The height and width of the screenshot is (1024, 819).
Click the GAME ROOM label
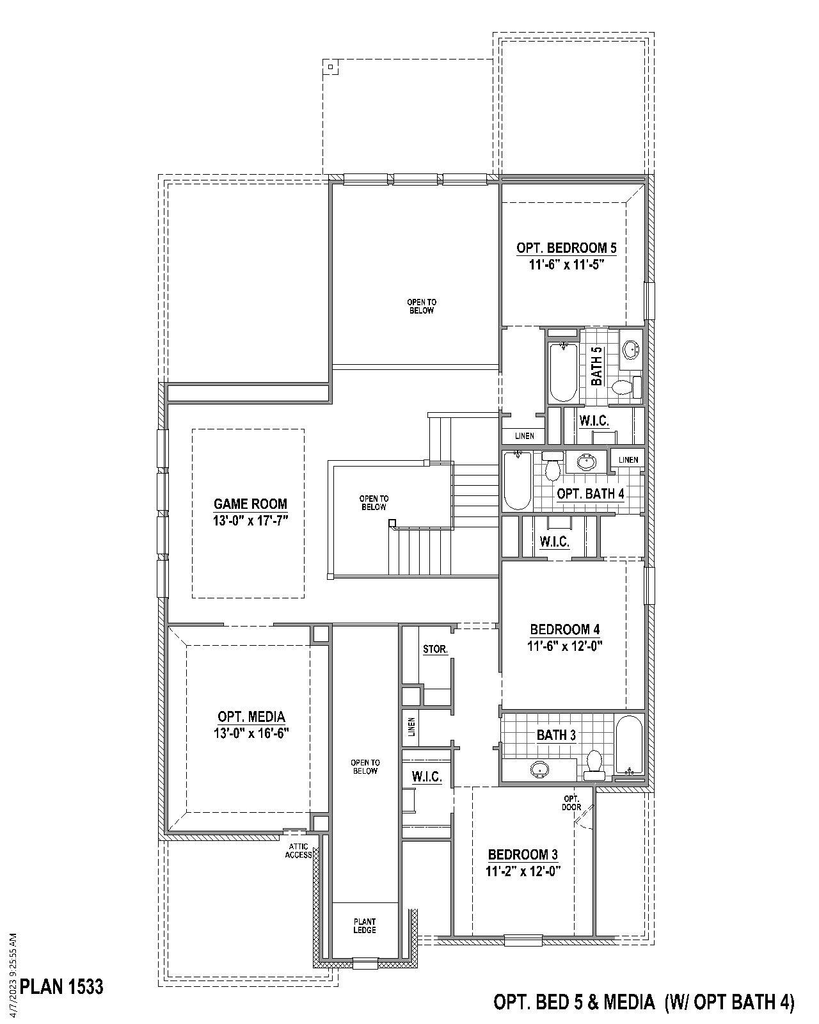pyautogui.click(x=250, y=504)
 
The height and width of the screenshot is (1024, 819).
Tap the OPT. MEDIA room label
pyautogui.click(x=251, y=717)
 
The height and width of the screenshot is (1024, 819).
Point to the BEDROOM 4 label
pyautogui.click(x=565, y=629)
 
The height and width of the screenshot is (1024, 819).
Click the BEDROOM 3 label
pyautogui.click(x=523, y=854)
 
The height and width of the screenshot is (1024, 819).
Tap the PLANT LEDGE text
pyautogui.click(x=365, y=926)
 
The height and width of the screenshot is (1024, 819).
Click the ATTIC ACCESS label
pyautogui.click(x=299, y=851)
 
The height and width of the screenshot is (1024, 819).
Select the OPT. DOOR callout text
pyautogui.click(x=571, y=803)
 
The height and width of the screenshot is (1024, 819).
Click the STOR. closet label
pyautogui.click(x=435, y=650)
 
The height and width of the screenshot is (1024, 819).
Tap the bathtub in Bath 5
pyautogui.click(x=563, y=372)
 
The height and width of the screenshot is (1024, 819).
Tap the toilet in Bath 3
pyautogui.click(x=594, y=764)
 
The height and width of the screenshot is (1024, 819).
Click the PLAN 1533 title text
pyautogui.click(x=62, y=987)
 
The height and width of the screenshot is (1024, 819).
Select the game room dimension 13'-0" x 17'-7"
pyautogui.click(x=251, y=520)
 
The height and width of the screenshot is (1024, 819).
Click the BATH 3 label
pyautogui.click(x=556, y=735)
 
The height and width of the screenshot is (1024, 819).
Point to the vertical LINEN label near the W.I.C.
pyautogui.click(x=412, y=726)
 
